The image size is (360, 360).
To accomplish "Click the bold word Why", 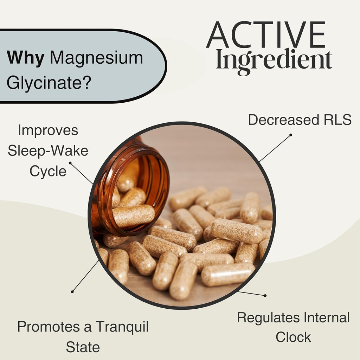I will [x=25, y=57].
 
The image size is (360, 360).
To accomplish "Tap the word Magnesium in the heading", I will [x=96, y=57].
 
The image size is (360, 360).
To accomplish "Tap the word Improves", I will [x=48, y=130].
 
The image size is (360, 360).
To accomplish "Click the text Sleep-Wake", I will [x=48, y=151].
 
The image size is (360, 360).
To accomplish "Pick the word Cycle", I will [x=48, y=171].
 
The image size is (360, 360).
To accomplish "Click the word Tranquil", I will [x=122, y=327].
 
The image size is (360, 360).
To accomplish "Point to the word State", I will [x=83, y=347].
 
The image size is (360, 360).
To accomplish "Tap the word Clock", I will [x=293, y=337].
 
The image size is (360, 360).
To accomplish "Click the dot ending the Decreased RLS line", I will [x=291, y=134].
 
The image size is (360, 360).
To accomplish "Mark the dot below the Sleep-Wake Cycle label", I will [x=70, y=163].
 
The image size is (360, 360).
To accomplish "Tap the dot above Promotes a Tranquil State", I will [x=72, y=291].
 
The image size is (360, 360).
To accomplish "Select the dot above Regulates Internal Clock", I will [x=265, y=296].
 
